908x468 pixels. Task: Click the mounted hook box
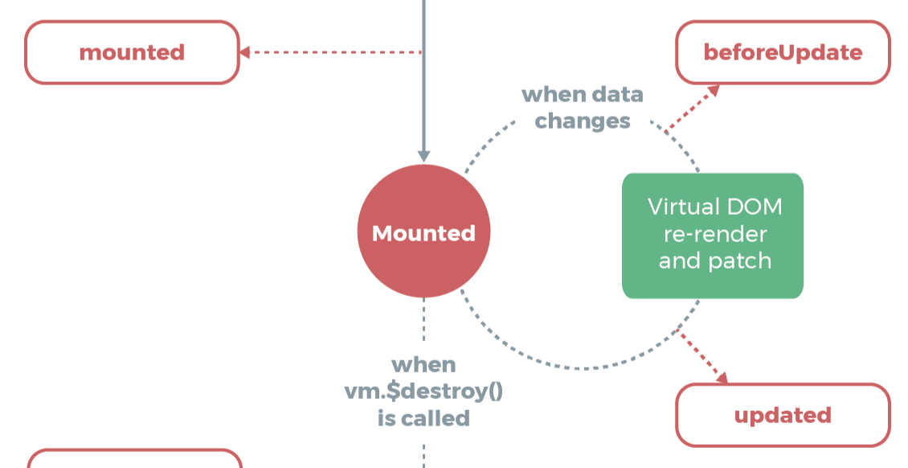tap(132, 53)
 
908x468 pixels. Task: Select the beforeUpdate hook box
tap(783, 53)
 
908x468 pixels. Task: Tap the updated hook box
tap(783, 415)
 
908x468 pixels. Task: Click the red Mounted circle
tap(423, 233)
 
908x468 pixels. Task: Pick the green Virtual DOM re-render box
tap(713, 236)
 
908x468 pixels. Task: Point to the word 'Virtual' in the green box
tap(684, 207)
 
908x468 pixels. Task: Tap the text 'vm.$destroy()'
tap(423, 392)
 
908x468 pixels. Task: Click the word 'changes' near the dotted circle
tap(583, 121)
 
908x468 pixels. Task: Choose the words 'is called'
tap(423, 418)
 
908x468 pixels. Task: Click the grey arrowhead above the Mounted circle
tap(423, 155)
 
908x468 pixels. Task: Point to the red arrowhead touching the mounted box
tap(244, 53)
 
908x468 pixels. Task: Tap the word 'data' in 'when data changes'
tap(616, 95)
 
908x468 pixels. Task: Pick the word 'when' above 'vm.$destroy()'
tap(423, 365)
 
